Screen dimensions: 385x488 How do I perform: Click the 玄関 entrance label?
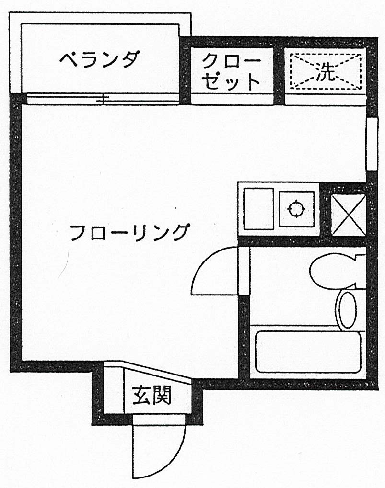(x=152, y=396)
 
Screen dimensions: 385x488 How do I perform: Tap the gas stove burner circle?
(x=297, y=209)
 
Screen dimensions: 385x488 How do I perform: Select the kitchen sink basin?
(x=258, y=209)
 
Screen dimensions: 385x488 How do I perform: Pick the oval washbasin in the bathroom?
(x=347, y=309)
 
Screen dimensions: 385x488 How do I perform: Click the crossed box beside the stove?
(x=349, y=215)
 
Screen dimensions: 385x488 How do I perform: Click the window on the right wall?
(x=371, y=144)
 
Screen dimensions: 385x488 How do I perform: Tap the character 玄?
(x=141, y=396)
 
